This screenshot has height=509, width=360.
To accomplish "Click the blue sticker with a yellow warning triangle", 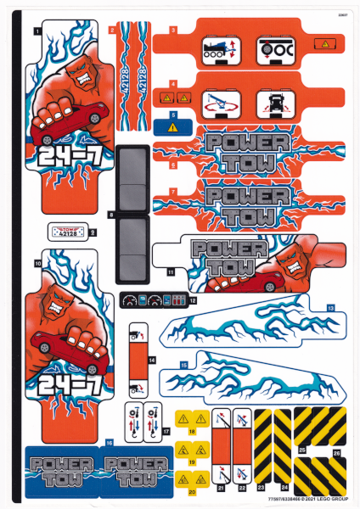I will [x=174, y=127].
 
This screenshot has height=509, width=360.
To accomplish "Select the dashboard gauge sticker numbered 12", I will [x=154, y=300].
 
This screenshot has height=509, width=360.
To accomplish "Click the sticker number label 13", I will [x=331, y=306].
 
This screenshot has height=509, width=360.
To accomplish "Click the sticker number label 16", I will [x=109, y=443].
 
